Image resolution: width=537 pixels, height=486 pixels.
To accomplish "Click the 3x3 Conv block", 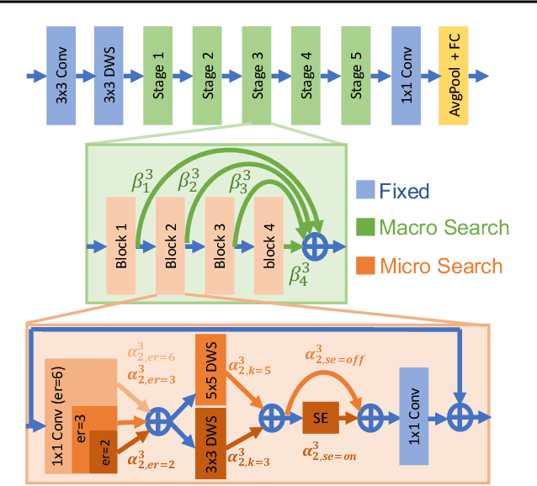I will point(61,75).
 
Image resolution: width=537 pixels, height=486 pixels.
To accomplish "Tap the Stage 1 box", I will point(160,75).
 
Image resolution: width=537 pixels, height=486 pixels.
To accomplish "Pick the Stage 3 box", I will point(259,75).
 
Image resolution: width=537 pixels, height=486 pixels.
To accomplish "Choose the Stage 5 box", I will point(359,75).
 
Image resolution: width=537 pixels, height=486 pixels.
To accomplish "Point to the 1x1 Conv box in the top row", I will point(407,75).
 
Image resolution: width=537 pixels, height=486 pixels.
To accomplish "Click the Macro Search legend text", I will point(443,228).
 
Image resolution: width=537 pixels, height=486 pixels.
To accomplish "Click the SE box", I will point(321,416).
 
